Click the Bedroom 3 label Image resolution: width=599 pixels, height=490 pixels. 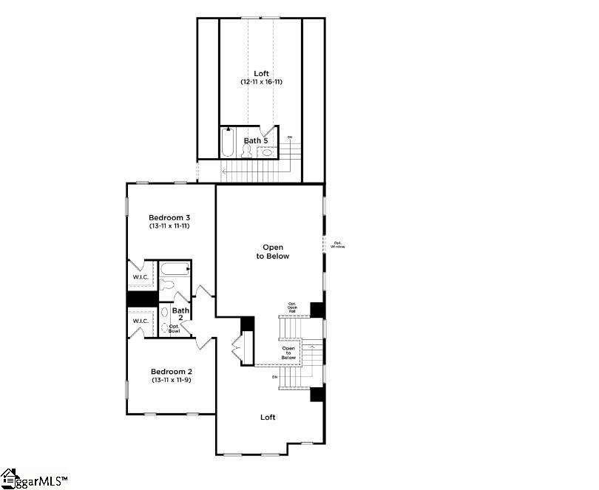169,217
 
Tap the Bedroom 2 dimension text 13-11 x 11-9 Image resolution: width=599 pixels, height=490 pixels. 171,380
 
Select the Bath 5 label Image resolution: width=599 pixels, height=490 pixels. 256,140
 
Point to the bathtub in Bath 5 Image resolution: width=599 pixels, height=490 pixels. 228,143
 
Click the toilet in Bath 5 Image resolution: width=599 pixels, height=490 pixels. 246,152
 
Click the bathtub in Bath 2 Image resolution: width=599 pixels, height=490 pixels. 175,270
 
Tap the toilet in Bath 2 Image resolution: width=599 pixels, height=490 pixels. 167,287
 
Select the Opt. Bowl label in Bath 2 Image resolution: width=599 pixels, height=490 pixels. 175,328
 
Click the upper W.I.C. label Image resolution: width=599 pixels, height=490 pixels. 141,277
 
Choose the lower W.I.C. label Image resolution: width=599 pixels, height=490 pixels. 141,321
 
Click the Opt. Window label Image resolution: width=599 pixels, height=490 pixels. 338,245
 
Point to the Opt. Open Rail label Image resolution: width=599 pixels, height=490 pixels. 292,307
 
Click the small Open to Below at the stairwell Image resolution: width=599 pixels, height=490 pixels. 288,353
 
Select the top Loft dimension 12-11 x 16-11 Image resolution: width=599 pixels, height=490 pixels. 261,82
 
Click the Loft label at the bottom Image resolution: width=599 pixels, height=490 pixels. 268,418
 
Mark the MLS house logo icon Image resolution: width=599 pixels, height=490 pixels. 9,477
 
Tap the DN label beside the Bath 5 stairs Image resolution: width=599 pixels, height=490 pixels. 290,137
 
